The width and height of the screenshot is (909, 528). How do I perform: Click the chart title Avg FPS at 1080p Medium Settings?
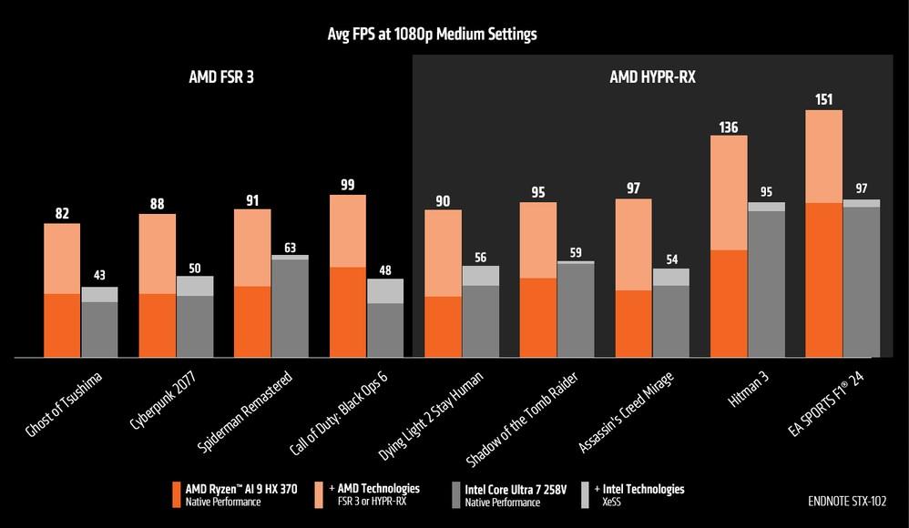432,35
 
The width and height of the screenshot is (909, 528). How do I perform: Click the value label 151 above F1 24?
824,99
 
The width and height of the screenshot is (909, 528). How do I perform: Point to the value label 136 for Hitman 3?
729,126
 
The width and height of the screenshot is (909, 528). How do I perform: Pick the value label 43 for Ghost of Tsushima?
99,276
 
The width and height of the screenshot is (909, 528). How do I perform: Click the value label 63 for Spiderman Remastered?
290,246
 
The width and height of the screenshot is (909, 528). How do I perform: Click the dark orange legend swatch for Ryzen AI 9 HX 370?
177,494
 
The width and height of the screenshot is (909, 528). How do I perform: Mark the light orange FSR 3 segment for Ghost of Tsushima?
62,258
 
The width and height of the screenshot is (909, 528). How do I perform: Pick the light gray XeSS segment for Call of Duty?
384,290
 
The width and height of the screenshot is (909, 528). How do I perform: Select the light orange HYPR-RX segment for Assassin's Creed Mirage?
633,244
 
